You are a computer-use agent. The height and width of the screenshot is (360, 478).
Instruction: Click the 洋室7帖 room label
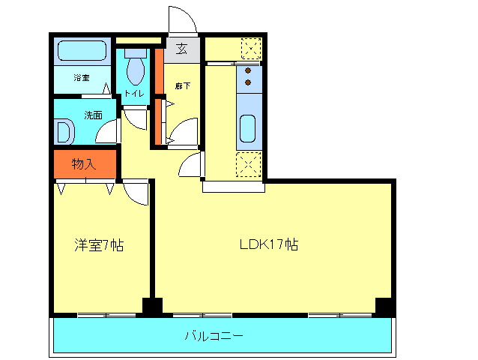tap(99, 245)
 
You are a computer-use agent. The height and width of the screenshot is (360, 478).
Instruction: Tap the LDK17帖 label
tap(269, 244)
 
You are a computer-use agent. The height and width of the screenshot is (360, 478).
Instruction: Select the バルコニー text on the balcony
tap(214, 336)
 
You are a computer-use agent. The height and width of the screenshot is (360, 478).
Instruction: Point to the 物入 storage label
tap(84, 163)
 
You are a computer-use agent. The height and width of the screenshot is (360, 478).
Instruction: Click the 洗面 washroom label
tap(94, 115)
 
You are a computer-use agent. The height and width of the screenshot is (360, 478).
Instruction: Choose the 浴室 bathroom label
tap(82, 77)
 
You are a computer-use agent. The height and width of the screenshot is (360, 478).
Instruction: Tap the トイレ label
tap(134, 93)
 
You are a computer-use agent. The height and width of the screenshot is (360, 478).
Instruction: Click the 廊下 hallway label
tap(183, 86)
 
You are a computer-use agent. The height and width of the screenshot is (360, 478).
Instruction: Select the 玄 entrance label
tap(182, 49)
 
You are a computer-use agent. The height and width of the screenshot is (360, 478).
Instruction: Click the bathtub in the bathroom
tap(82, 51)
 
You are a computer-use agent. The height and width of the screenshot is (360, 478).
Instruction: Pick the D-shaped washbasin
tap(65, 132)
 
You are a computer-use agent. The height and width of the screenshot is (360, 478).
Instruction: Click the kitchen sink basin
tap(247, 128)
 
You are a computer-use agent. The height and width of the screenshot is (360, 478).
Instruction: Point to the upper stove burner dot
tap(248, 70)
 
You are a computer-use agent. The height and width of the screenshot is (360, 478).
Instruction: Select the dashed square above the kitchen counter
tap(251, 49)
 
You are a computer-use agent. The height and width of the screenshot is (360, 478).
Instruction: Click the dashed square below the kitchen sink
tap(249, 164)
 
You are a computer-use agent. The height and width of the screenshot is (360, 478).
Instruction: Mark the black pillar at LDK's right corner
tap(384, 307)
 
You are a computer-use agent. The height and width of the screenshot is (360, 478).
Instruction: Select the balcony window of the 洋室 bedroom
tap(106, 315)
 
